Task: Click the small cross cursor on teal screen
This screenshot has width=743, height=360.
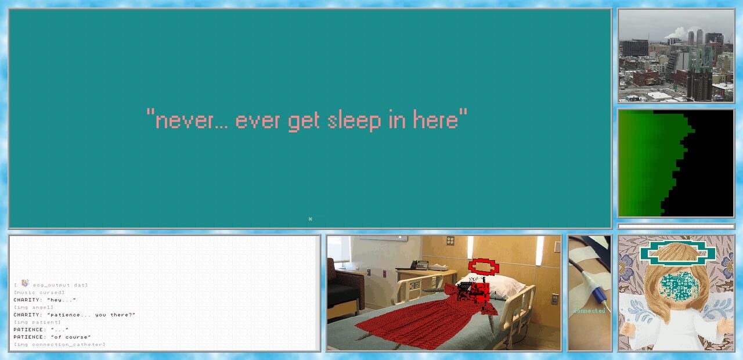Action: [x=311, y=219]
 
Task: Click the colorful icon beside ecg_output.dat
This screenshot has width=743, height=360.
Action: [x=25, y=283]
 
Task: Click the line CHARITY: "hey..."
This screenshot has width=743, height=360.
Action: [x=45, y=300]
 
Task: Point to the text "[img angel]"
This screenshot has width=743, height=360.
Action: [x=33, y=308]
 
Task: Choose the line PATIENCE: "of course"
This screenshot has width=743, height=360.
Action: [x=52, y=337]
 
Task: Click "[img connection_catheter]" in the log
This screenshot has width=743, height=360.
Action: [x=59, y=345]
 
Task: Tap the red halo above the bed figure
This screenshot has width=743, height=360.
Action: [x=483, y=266]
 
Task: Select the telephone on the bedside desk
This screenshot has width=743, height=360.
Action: [x=419, y=265]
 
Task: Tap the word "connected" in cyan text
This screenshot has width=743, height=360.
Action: [x=589, y=311]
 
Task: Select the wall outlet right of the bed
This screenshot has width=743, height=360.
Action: [x=554, y=299]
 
